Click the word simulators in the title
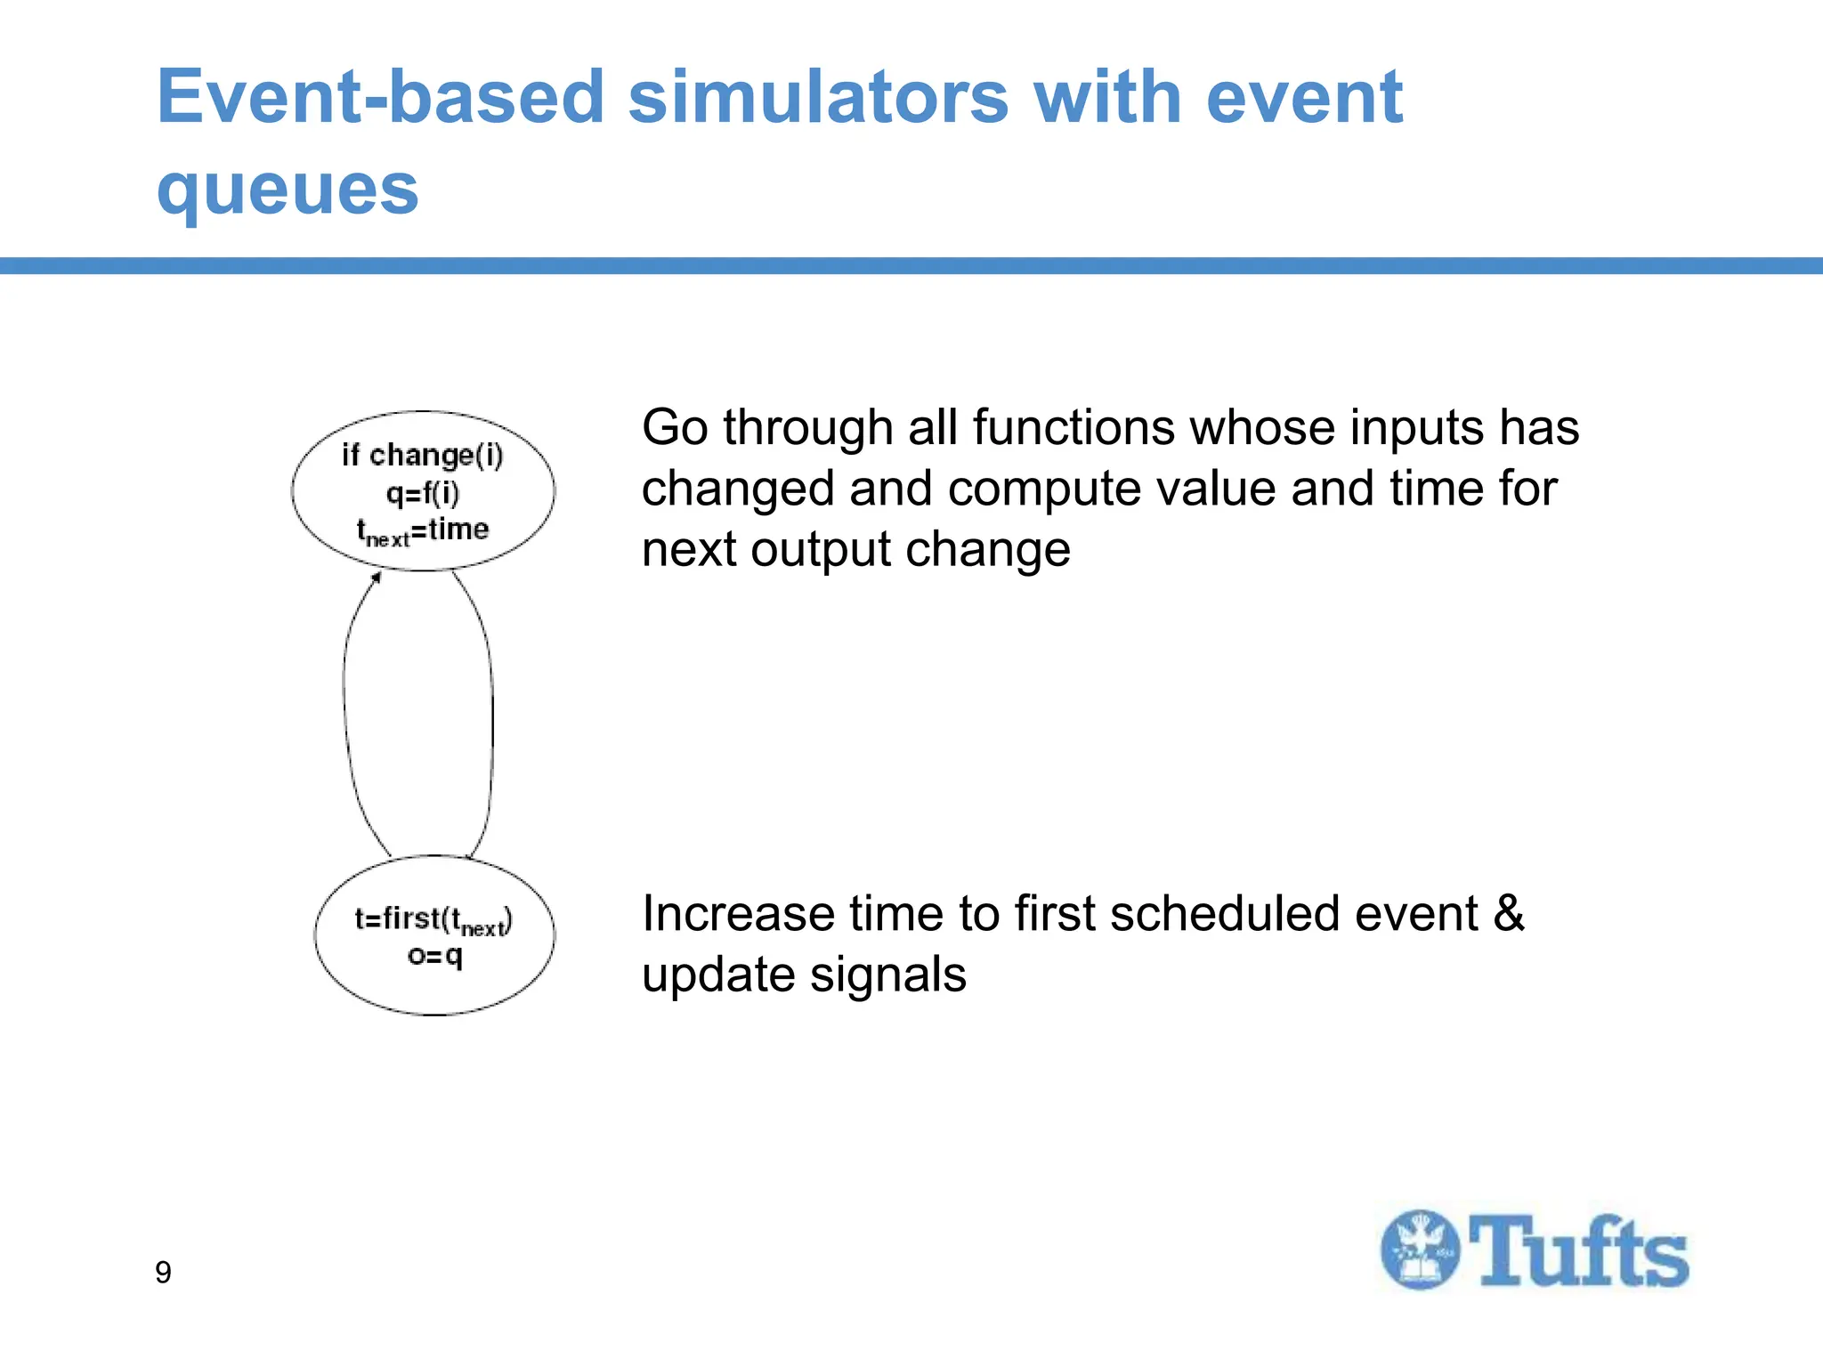tap(818, 97)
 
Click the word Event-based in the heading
tap(380, 97)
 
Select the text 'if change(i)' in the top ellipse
tap(423, 456)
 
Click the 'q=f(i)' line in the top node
tap(423, 493)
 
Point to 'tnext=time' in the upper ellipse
tap(423, 531)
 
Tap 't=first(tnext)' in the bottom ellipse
tap(433, 920)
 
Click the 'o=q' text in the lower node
tap(434, 957)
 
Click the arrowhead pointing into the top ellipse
tap(377, 578)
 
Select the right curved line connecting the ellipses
tap(491, 712)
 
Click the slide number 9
tap(163, 1273)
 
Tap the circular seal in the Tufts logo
tap(1420, 1250)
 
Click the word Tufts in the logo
tap(1578, 1251)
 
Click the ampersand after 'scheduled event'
tap(1508, 914)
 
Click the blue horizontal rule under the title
tap(911, 265)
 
